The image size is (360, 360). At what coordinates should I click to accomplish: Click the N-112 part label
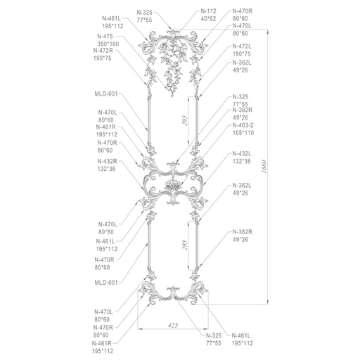click(208, 11)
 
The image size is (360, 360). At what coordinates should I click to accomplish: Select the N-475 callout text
click(105, 37)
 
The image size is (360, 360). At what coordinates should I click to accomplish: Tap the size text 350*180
click(108, 44)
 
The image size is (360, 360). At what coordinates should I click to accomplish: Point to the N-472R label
click(103, 51)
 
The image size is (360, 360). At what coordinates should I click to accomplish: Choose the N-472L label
click(242, 46)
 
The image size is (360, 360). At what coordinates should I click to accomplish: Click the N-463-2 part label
click(243, 125)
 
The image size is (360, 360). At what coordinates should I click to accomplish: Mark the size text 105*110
click(243, 133)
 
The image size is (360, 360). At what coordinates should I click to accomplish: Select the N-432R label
click(107, 161)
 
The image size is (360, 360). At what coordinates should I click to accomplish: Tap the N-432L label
click(242, 154)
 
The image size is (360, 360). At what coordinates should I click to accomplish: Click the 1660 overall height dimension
click(264, 167)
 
